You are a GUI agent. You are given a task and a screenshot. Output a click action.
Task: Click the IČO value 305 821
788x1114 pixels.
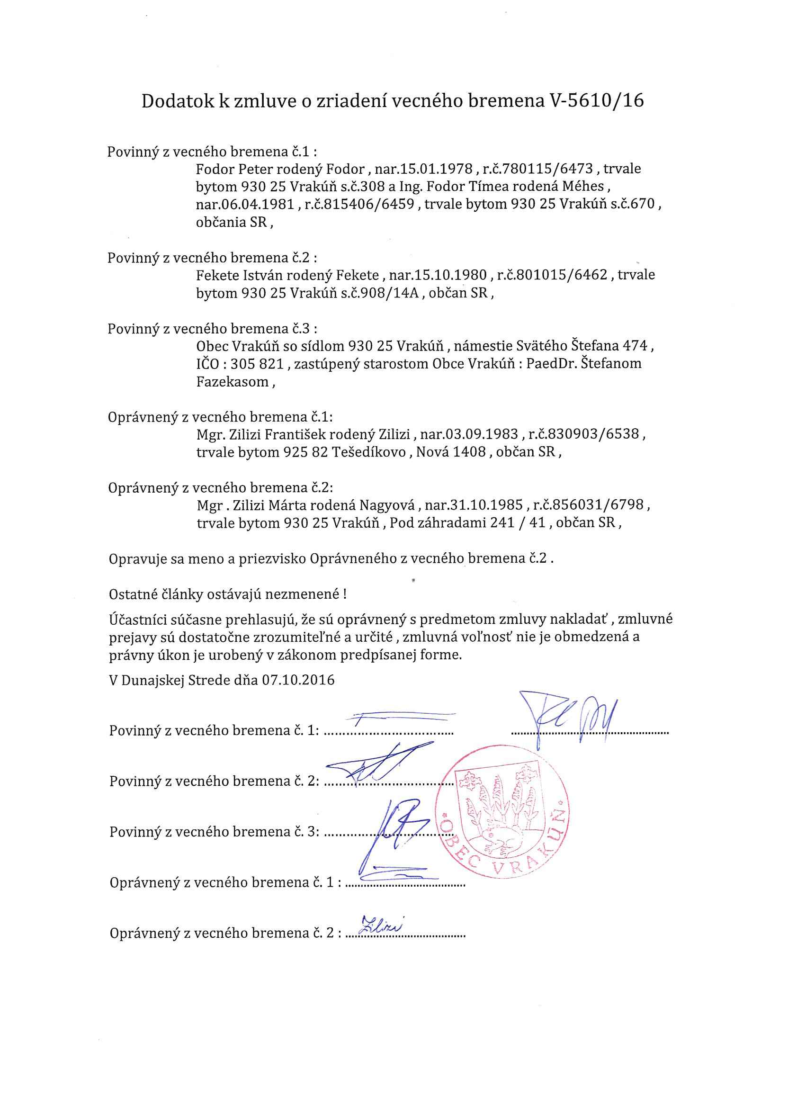tap(257, 363)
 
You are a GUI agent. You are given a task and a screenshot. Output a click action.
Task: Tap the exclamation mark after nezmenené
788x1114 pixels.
tap(344, 594)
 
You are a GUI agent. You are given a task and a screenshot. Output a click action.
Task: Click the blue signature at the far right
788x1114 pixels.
tap(568, 717)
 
